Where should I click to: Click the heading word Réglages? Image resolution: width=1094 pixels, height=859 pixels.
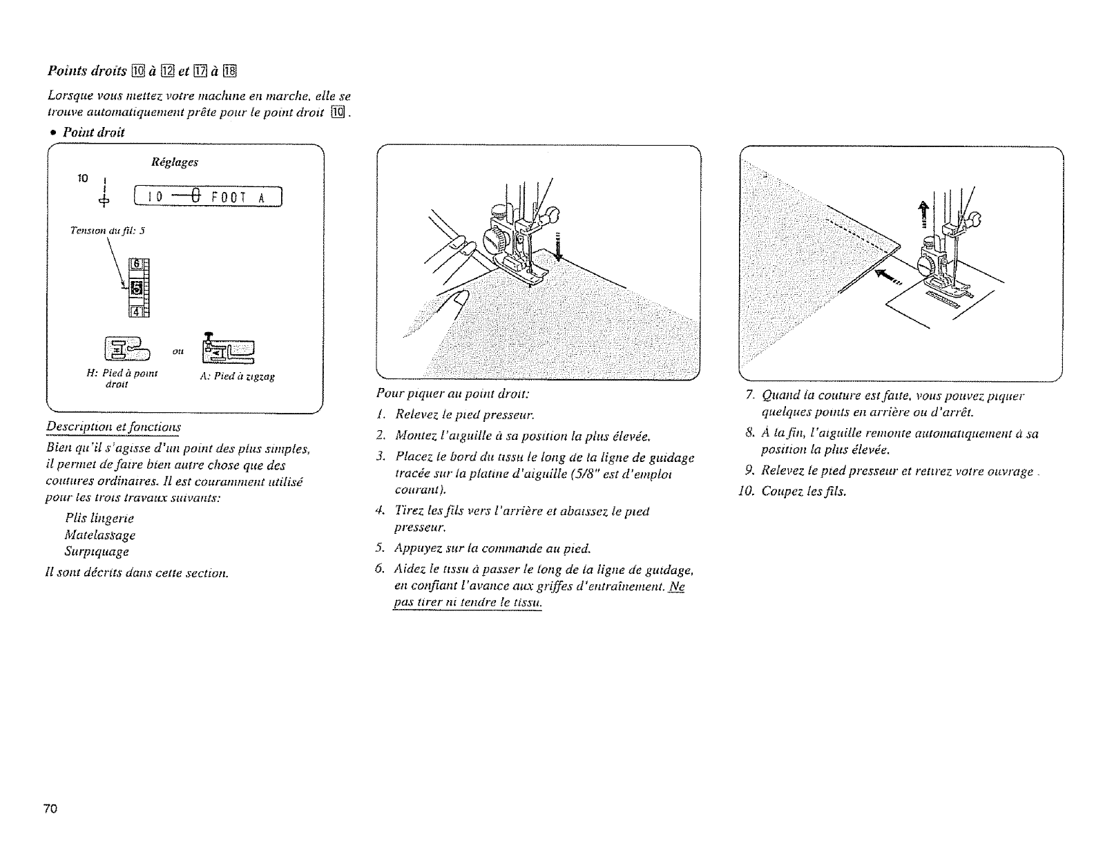[174, 162]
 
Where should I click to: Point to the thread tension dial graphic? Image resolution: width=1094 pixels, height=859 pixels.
[137, 284]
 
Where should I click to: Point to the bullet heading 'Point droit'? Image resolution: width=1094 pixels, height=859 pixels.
[93, 132]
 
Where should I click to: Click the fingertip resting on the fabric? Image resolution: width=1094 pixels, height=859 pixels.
[458, 300]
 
